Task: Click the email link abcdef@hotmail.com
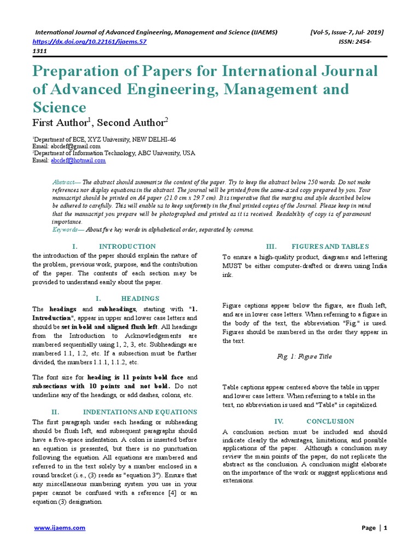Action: click(x=78, y=161)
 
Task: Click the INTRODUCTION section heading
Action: click(x=127, y=247)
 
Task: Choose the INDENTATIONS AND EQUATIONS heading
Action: click(x=139, y=412)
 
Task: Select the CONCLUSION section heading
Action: click(x=330, y=422)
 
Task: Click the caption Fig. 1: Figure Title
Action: click(x=304, y=357)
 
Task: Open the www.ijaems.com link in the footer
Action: click(x=60, y=528)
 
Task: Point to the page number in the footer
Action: click(x=385, y=528)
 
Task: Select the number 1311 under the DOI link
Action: click(x=40, y=51)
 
